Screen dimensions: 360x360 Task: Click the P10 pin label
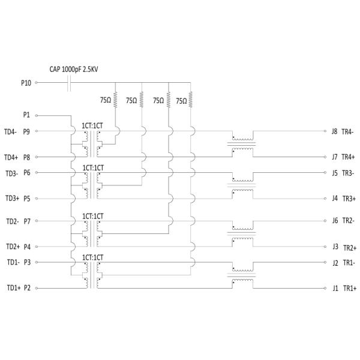pos(26,83)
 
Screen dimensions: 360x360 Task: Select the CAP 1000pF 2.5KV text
pos(74,70)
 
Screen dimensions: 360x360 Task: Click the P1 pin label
pos(26,115)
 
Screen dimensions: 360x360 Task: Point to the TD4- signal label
pos(10,131)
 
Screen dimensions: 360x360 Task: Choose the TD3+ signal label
pos(12,198)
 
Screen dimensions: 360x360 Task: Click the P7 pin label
pos(27,221)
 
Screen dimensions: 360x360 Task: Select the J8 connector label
pos(335,131)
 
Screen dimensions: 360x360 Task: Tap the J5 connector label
pos(335,173)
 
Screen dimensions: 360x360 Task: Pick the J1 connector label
pos(335,288)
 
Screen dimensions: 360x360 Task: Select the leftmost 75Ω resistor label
pos(104,100)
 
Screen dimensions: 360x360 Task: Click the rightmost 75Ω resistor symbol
pos(191,98)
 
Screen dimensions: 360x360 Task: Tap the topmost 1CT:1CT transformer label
pos(93,125)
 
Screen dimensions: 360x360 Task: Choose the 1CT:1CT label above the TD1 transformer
pos(93,257)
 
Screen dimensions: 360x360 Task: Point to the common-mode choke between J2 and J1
pos(242,275)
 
